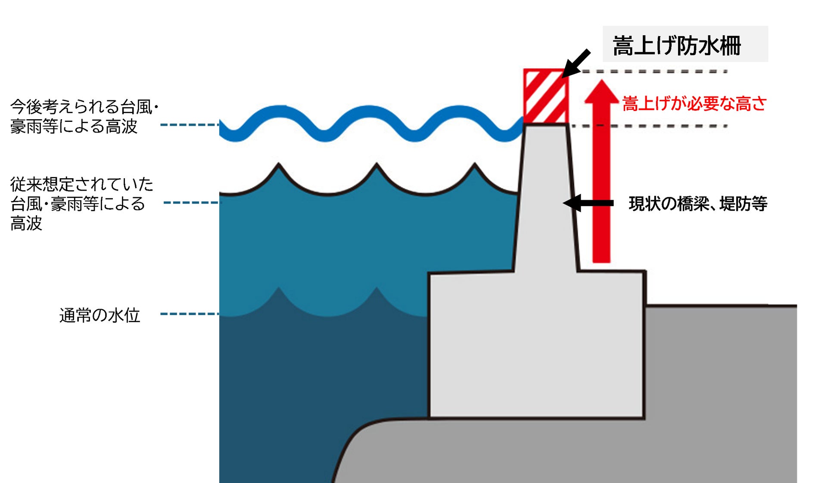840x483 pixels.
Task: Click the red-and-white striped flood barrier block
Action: coord(545,96)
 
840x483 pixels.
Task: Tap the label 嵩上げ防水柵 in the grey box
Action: coord(676,45)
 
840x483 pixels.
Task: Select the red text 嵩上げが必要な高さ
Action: coord(694,104)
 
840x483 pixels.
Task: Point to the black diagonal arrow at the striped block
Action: coord(576,63)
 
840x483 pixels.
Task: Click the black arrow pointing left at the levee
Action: coord(588,203)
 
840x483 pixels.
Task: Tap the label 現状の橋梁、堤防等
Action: coord(698,204)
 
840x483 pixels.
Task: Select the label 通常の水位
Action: coord(100,315)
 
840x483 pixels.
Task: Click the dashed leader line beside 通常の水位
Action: coord(190,314)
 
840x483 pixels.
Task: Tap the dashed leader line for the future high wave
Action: coord(190,125)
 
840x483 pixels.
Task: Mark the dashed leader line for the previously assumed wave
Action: coord(191,202)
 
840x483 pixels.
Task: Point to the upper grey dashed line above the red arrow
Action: coord(655,71)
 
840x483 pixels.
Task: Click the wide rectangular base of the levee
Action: coord(536,344)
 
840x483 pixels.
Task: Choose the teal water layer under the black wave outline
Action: coord(345,241)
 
